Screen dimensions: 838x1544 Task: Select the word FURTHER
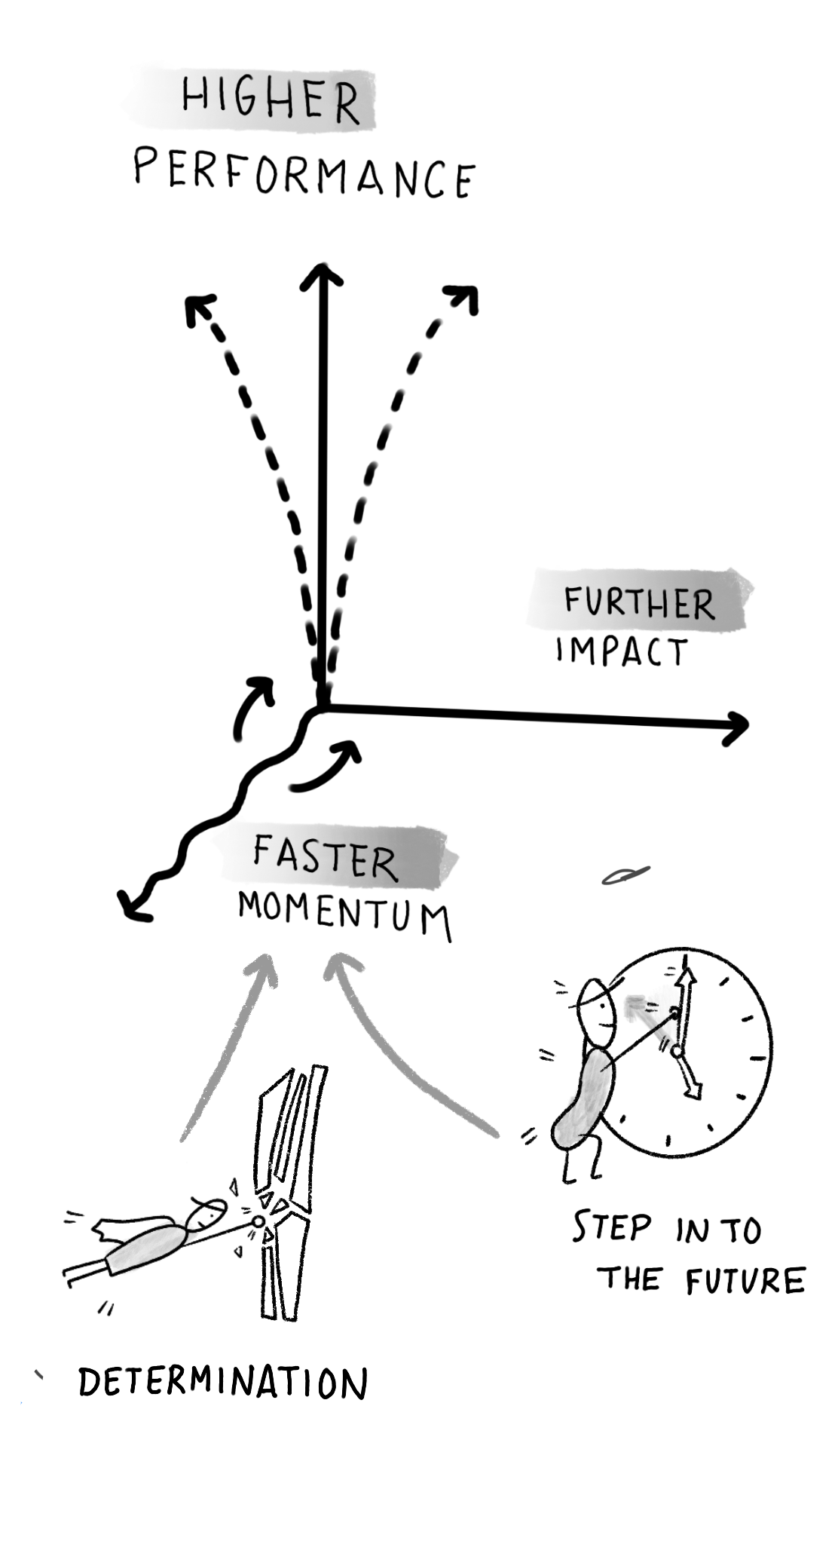click(x=639, y=604)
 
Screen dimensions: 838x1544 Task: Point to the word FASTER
click(x=325, y=859)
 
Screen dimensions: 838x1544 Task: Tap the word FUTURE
click(x=745, y=1282)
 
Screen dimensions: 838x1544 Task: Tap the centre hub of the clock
click(x=676, y=1050)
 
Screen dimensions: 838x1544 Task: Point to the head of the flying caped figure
click(x=209, y=1215)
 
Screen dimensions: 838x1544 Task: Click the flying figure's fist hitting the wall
click(x=258, y=1221)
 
